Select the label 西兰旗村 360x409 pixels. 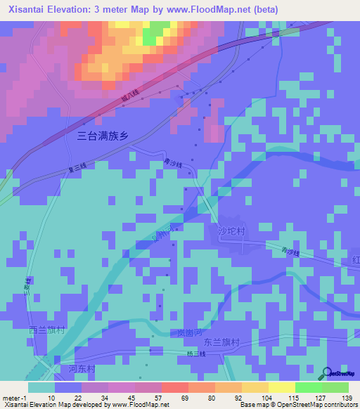(x=46, y=330)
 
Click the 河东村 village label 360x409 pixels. (x=82, y=369)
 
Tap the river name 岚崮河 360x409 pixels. (x=191, y=332)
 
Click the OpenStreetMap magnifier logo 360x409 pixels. (x=326, y=373)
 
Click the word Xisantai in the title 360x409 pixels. (x=25, y=10)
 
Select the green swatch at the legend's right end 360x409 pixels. (x=335, y=387)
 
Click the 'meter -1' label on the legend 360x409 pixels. (x=14, y=398)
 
